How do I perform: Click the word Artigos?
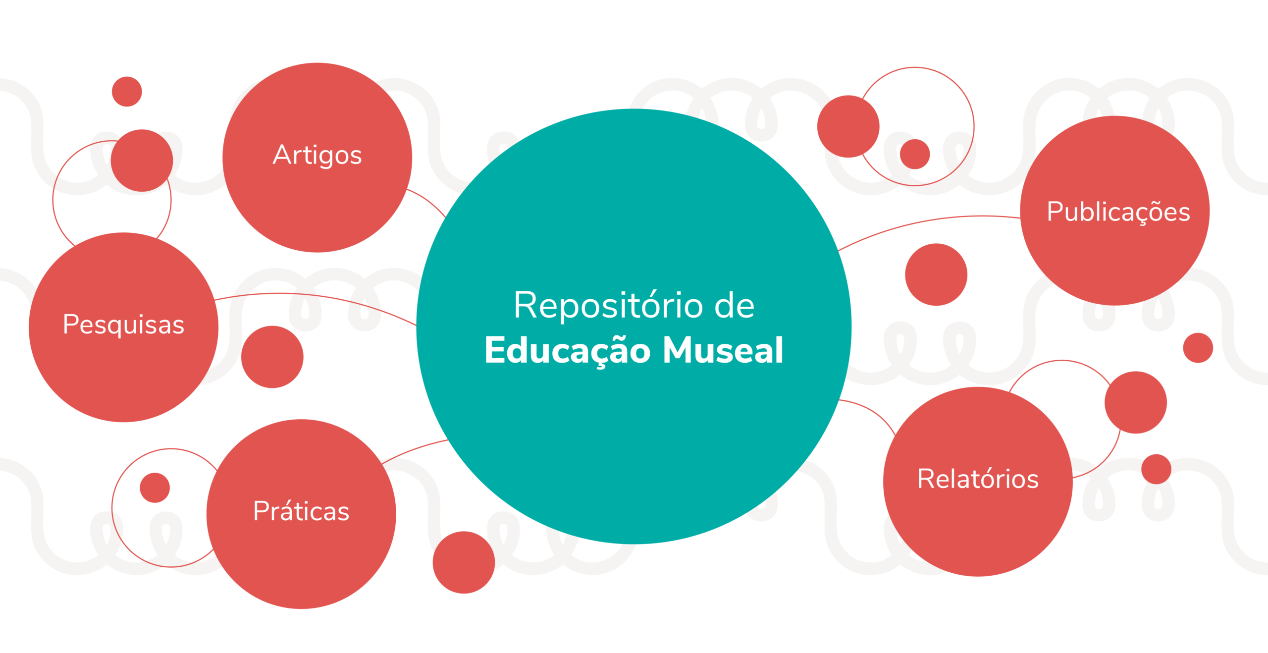coord(317,155)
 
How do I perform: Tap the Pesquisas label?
coord(123,325)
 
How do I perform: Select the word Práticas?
coord(301,511)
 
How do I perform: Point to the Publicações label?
coord(1118,212)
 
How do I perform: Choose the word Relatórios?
coord(978,479)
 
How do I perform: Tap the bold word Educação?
coord(567,350)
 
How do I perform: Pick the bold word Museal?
coord(723,350)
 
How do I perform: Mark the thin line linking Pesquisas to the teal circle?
coord(317,295)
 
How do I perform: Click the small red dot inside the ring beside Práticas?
coord(155,488)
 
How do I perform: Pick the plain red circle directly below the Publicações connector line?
coord(936,274)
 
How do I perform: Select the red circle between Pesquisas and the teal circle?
coord(272,357)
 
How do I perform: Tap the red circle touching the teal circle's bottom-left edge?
coord(463,562)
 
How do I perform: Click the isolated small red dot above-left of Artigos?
coord(127,92)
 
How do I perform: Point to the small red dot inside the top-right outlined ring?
coord(914,154)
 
